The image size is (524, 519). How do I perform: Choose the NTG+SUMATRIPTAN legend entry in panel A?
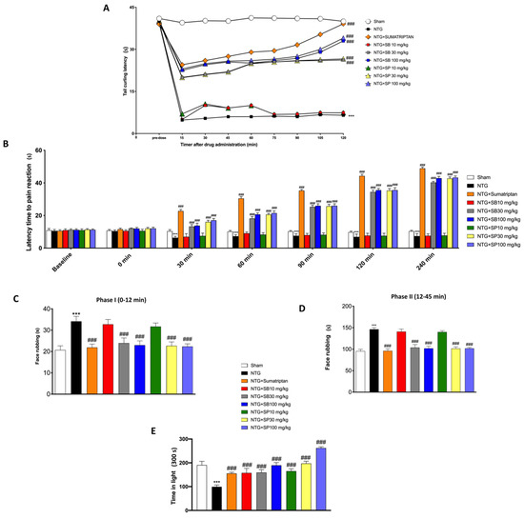(x=440, y=28)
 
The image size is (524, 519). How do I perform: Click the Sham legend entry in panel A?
(x=423, y=11)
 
